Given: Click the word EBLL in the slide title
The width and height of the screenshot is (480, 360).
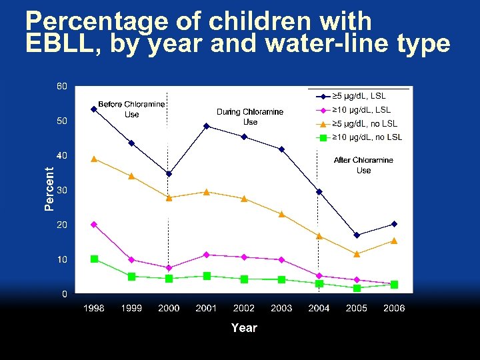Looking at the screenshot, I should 55,44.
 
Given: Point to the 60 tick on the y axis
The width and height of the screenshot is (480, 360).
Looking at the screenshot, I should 61,87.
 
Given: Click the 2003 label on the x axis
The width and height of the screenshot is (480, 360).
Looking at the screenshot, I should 281,308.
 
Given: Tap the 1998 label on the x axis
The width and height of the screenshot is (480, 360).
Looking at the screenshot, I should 94,308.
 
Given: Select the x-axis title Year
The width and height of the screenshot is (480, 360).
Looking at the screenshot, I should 244,327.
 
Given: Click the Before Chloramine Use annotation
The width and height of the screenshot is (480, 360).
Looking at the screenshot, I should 132,109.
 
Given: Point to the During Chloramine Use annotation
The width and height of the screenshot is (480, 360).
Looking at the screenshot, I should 250,117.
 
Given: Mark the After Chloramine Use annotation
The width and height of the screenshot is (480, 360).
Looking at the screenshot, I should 363,165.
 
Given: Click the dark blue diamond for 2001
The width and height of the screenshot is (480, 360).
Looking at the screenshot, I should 207,126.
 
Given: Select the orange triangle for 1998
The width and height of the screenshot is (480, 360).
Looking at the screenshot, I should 94,159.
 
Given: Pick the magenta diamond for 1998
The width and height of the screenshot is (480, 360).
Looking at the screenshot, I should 94,225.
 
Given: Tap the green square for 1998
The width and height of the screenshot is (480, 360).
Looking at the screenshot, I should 95,259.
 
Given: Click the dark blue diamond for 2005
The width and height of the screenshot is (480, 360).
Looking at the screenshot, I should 357,235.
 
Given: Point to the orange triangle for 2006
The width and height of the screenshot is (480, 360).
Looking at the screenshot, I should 394,241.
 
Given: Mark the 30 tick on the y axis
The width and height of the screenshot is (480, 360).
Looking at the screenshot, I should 61,190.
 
